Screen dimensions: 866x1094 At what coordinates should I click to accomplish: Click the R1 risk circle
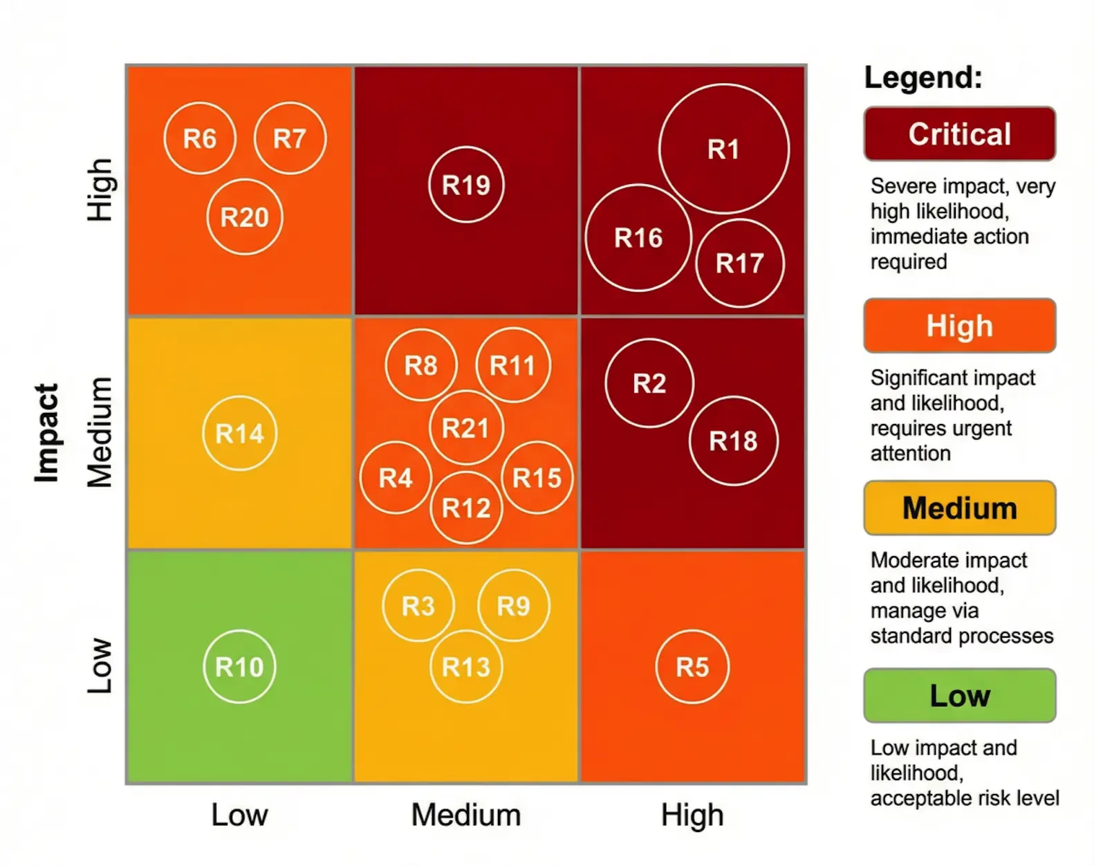[723, 149]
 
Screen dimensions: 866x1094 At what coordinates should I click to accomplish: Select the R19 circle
[466, 185]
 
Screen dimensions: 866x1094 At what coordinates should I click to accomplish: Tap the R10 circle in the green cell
[239, 667]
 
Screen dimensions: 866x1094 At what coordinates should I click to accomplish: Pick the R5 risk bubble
[692, 667]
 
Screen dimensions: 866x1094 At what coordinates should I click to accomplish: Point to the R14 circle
[239, 434]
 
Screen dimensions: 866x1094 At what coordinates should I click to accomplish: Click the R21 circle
[466, 428]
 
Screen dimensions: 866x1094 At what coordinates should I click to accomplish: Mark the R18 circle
[733, 441]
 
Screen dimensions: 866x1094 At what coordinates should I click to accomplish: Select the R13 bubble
[466, 667]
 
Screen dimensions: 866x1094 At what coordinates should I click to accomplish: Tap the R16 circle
[638, 238]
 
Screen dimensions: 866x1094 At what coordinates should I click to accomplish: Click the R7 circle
[290, 138]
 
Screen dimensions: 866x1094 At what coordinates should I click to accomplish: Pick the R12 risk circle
[466, 508]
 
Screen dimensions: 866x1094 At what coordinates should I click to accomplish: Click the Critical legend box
[959, 134]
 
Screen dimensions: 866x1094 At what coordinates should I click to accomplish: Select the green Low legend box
[959, 696]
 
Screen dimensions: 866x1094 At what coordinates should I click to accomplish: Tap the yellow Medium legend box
[959, 508]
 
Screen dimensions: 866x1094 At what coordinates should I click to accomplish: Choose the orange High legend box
[959, 326]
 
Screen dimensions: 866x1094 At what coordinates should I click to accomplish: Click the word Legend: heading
[923, 77]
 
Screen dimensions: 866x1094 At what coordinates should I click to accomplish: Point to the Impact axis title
[46, 433]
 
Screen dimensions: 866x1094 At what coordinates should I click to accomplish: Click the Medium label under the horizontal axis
[466, 815]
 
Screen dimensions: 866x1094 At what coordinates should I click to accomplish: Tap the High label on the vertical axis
[100, 190]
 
